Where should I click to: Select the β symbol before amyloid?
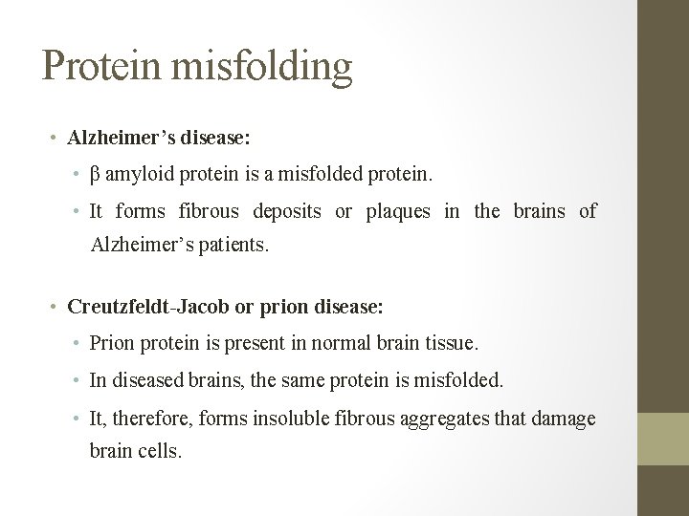95,175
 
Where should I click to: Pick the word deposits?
287,210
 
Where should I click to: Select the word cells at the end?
159,450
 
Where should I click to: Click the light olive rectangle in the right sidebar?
663,440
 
